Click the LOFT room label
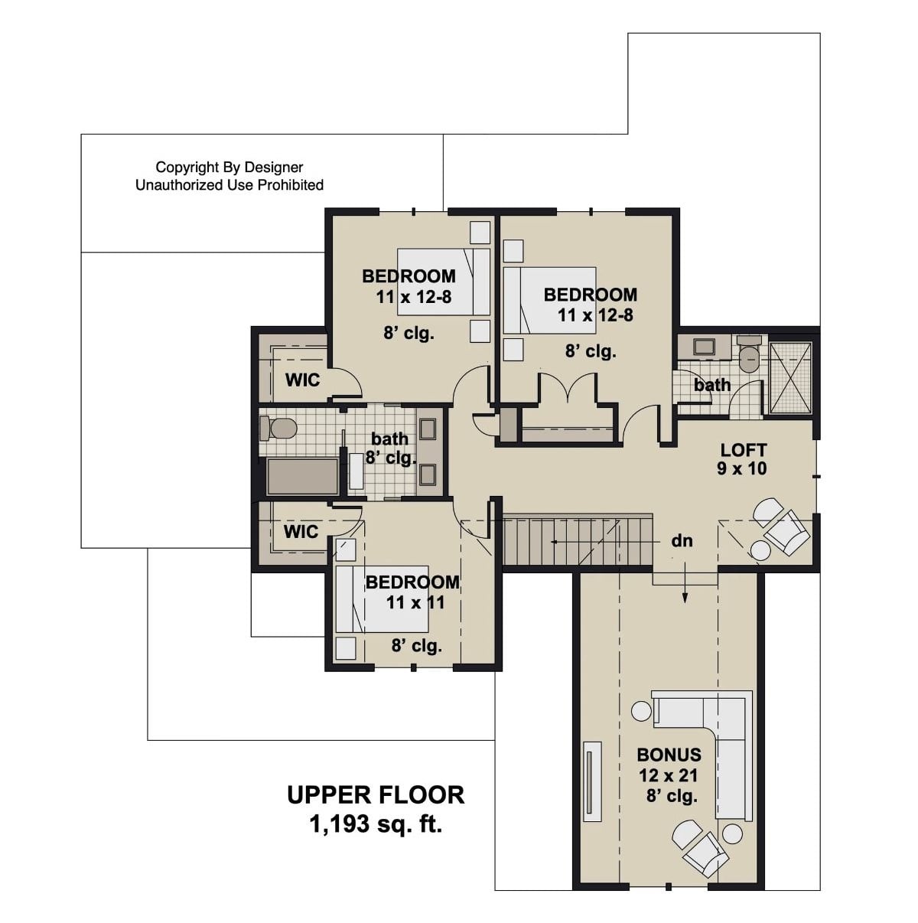(x=743, y=450)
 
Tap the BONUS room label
(x=669, y=755)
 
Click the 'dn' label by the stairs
(x=682, y=541)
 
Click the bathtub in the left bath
(x=302, y=478)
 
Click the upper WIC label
(x=302, y=380)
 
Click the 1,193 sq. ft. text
(x=376, y=824)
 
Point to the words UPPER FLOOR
(x=376, y=795)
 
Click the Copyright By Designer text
(x=229, y=167)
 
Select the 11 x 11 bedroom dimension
(x=415, y=602)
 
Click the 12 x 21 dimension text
(x=669, y=775)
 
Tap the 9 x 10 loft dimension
(x=741, y=469)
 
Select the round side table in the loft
(x=760, y=550)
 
